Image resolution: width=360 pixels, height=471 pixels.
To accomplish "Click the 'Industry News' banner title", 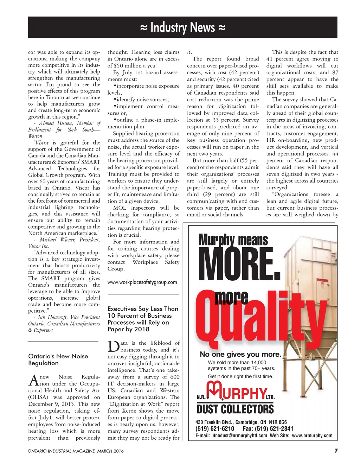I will point(182,27).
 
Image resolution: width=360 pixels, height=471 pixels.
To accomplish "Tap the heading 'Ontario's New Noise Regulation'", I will point(58,359).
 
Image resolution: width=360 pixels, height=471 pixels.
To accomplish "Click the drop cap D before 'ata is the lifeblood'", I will point(114,346).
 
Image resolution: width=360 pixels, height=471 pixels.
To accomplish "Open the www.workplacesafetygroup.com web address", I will point(142,282).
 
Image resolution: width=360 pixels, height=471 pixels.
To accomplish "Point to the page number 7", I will point(336,451).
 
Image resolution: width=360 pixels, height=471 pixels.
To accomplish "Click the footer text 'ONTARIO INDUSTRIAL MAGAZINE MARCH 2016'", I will point(76,451).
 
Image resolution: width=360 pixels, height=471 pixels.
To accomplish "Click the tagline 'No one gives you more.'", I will point(240,354).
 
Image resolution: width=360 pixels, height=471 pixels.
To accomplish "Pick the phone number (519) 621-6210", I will point(215,428).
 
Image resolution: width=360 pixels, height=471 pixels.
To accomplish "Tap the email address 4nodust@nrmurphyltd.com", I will point(240,435).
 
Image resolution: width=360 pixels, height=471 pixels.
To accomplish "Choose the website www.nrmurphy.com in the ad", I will point(312,435).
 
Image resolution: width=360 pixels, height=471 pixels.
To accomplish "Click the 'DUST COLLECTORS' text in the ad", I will point(235,409).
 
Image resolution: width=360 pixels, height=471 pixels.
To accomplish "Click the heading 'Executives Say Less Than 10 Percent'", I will point(143,319).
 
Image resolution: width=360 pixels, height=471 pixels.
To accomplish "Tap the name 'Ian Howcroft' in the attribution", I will point(53,317).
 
